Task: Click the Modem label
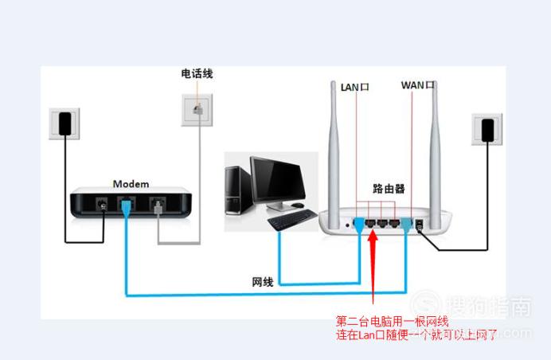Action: [x=131, y=184]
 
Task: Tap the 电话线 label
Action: [x=197, y=73]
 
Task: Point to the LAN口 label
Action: [x=354, y=87]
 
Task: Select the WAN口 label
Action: [x=417, y=85]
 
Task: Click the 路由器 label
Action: [x=389, y=189]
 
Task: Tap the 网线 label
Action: [x=263, y=282]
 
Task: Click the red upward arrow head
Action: [x=373, y=237]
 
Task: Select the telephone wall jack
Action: [x=197, y=110]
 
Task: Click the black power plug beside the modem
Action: [x=65, y=123]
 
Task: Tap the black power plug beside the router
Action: [x=487, y=131]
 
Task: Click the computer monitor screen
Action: [x=278, y=180]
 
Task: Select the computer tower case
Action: [x=237, y=190]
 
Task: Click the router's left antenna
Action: [x=334, y=151]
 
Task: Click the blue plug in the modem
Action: [x=126, y=207]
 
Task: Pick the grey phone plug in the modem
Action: [x=158, y=208]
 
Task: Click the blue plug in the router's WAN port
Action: [x=407, y=225]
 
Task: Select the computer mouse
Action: [x=297, y=205]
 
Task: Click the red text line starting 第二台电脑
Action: [x=392, y=321]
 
